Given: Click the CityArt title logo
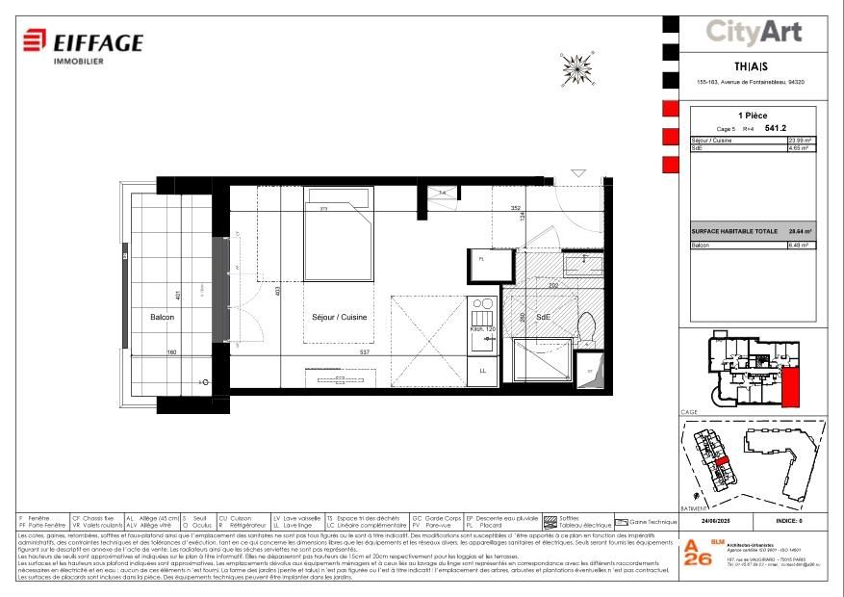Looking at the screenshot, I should point(754,32).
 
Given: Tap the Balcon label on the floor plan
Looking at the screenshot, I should point(162,317).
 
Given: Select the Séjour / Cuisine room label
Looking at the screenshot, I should point(340,317).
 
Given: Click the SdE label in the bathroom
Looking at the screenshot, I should point(543,317).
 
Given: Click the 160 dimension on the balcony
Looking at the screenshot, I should point(172,352).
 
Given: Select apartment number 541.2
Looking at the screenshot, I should point(776,127).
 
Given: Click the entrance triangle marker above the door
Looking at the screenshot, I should point(577,173).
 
